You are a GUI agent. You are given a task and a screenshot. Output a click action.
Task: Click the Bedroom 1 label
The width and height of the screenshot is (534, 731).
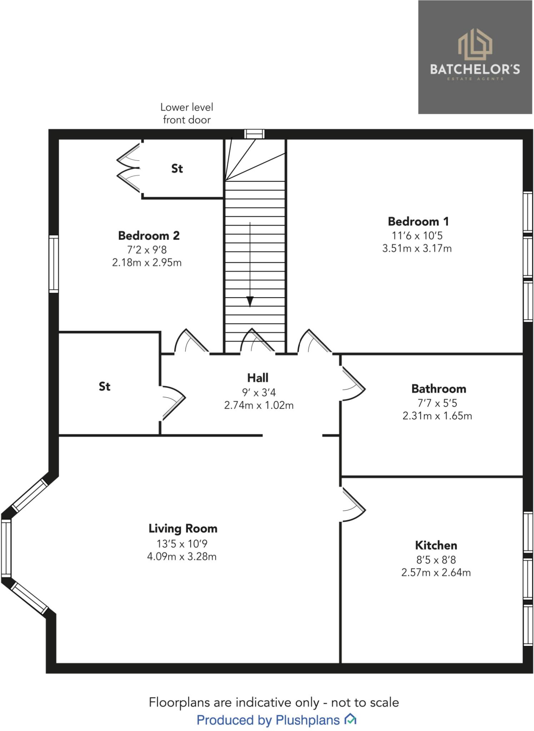[x=418, y=222]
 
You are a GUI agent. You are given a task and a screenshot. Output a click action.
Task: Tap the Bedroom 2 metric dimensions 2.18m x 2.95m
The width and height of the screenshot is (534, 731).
[x=147, y=263]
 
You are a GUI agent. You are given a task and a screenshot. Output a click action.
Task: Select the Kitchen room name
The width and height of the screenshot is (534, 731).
[x=436, y=545]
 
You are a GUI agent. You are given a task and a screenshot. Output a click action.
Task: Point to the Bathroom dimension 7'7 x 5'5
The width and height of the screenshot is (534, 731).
[x=437, y=403]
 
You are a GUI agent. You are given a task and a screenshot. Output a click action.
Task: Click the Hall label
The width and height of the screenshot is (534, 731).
[x=258, y=378]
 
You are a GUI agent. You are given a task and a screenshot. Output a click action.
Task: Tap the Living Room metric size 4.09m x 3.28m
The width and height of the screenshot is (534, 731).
[x=182, y=556]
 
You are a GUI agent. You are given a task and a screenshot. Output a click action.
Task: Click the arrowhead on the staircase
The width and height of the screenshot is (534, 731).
[x=250, y=302]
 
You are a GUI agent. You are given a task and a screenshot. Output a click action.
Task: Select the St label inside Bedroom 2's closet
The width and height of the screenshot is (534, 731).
[x=177, y=168]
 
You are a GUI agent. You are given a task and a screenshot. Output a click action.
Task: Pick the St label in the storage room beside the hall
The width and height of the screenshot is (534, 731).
[x=104, y=386]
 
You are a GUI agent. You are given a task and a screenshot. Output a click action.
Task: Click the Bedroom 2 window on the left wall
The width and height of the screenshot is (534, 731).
[x=54, y=264]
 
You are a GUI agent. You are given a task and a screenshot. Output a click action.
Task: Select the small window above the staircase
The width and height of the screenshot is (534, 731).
[x=254, y=134]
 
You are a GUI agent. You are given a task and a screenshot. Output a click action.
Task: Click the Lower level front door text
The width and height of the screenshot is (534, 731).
[x=186, y=113]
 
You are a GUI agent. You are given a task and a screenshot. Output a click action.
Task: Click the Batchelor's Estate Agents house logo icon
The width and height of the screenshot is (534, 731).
[x=475, y=45]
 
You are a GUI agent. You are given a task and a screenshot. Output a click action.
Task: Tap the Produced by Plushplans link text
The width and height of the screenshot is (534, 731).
[x=268, y=720]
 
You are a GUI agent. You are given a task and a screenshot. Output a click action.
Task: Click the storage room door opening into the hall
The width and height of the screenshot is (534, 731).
[x=173, y=403]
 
